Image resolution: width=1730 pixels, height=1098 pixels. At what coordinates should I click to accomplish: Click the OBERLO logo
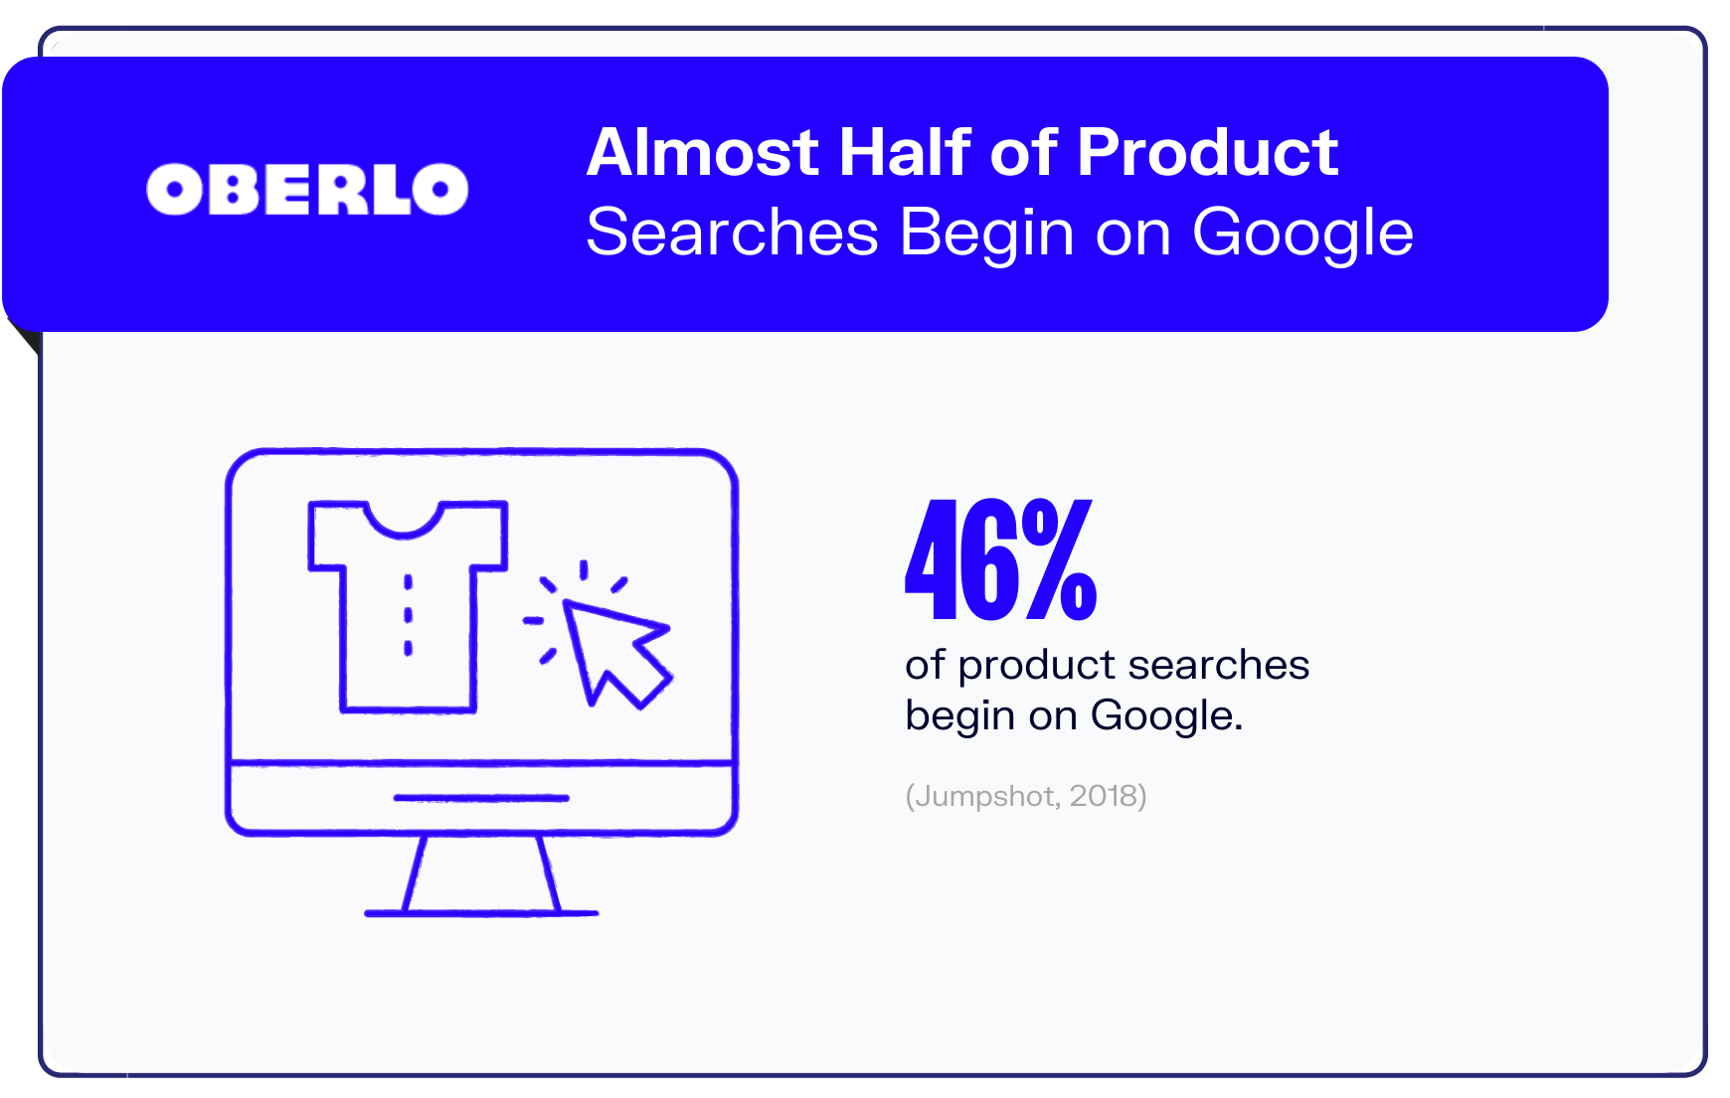[x=307, y=189]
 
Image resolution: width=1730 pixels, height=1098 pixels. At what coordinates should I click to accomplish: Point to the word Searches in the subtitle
[x=733, y=233]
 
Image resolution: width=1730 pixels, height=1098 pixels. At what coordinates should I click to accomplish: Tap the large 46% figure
[x=1000, y=559]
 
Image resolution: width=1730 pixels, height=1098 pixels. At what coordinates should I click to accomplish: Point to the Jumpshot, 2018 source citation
[x=1026, y=796]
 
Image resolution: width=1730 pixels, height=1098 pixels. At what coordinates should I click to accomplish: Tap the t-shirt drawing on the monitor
[x=408, y=606]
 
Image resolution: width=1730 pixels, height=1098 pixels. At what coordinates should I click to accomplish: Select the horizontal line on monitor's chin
[x=481, y=798]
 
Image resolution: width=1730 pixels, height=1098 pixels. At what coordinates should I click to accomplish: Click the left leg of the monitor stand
[x=415, y=873]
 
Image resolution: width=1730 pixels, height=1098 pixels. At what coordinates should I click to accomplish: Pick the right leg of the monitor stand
[x=549, y=873]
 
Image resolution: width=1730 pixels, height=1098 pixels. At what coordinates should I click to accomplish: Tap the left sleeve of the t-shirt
[x=327, y=537]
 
